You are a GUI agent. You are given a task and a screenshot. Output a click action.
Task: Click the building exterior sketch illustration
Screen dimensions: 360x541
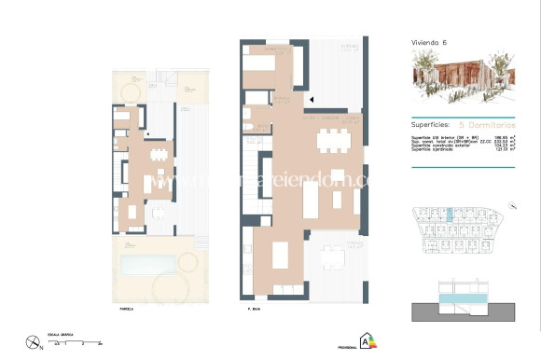(x=463, y=82)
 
